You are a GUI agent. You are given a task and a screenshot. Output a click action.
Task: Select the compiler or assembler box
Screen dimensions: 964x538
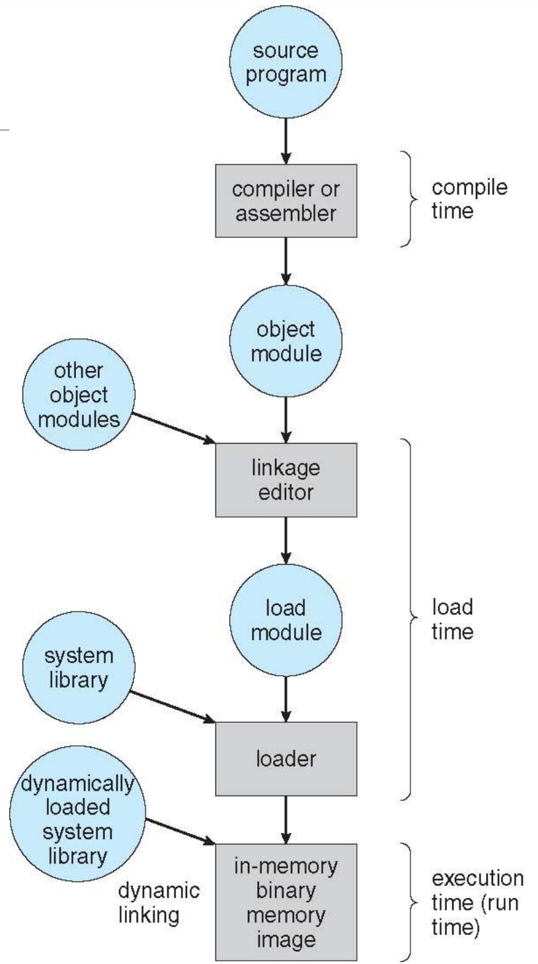click(286, 202)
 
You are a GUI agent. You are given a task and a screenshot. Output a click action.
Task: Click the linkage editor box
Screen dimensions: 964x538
click(286, 481)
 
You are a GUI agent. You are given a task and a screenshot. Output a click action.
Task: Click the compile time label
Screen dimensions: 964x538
click(470, 200)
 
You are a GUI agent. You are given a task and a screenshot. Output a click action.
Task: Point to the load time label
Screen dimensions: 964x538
click(452, 620)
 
